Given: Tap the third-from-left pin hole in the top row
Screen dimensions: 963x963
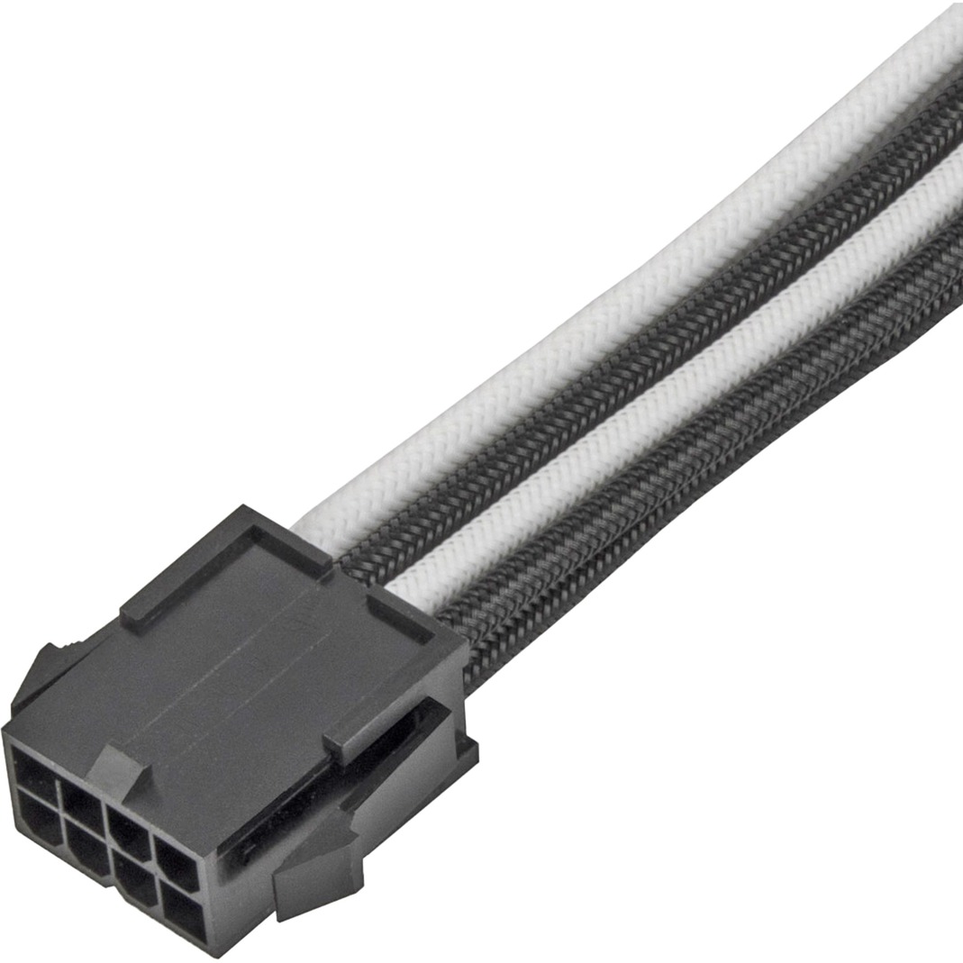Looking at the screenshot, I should [x=128, y=815].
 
